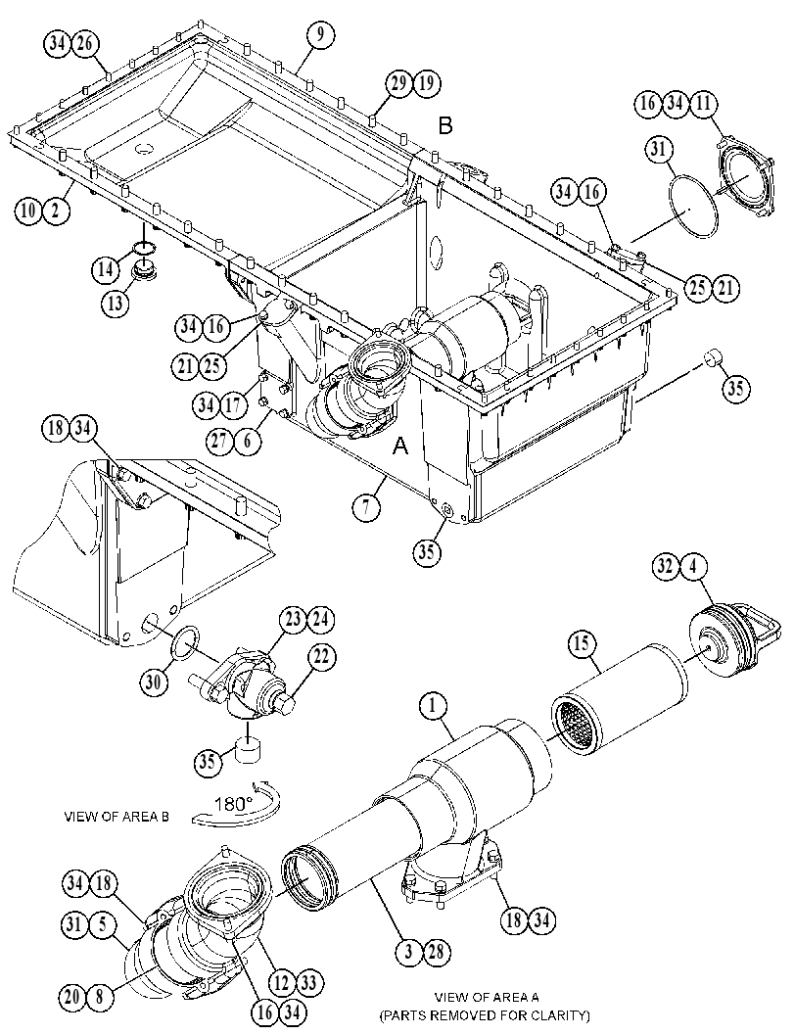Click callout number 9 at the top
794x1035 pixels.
pyautogui.click(x=319, y=35)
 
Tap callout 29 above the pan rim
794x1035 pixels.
pyautogui.click(x=399, y=83)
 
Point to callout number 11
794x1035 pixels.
pyautogui.click(x=702, y=104)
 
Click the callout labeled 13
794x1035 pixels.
pyautogui.click(x=115, y=303)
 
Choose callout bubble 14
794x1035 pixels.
pyautogui.click(x=106, y=268)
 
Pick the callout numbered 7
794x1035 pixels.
pyautogui.click(x=365, y=506)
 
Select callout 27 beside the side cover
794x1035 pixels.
pyautogui.click(x=220, y=441)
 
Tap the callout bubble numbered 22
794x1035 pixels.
pyautogui.click(x=320, y=657)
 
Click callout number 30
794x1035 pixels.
pyautogui.click(x=153, y=682)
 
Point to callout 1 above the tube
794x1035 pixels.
pyautogui.click(x=433, y=706)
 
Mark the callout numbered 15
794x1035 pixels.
pyautogui.click(x=584, y=643)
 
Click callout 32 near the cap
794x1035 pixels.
pyautogui.click(x=668, y=566)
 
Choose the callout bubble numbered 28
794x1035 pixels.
pyautogui.click(x=437, y=951)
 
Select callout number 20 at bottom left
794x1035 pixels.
pyautogui.click(x=73, y=997)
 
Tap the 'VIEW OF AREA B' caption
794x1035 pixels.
pyautogui.click(x=117, y=817)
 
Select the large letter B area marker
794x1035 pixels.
pyautogui.click(x=446, y=125)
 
